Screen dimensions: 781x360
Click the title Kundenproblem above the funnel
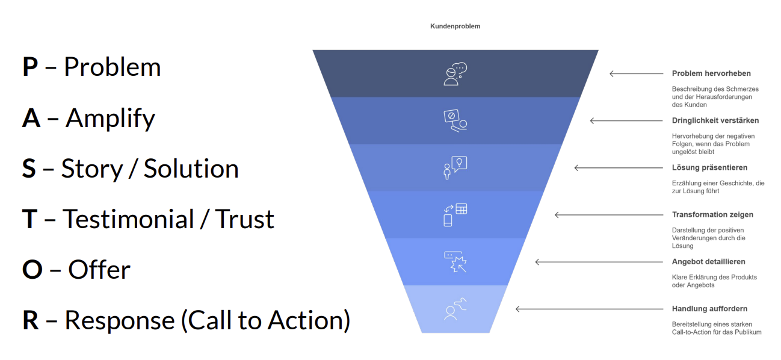(x=455, y=26)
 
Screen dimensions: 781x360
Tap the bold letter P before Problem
(x=30, y=67)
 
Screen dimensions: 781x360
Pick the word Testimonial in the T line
(x=128, y=219)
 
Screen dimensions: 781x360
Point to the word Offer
(x=99, y=270)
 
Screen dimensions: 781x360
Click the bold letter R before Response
(x=31, y=320)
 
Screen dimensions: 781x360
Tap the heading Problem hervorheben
(x=711, y=73)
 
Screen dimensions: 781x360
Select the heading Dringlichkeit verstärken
(x=715, y=120)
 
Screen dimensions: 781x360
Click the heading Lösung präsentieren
(x=709, y=168)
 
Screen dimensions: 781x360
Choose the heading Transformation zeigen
(x=712, y=215)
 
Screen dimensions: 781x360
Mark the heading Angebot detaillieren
(x=708, y=262)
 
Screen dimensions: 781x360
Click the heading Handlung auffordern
(x=709, y=309)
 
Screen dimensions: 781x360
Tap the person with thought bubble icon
(x=455, y=73)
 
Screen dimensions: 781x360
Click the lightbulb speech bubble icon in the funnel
(x=455, y=168)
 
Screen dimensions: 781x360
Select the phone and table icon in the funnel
(x=455, y=215)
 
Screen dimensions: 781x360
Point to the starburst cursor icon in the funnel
(x=455, y=262)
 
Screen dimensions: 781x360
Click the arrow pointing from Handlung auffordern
(x=589, y=309)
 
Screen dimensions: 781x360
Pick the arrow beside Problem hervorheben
(x=637, y=73)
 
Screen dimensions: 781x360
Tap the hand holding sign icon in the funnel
(x=455, y=120)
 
